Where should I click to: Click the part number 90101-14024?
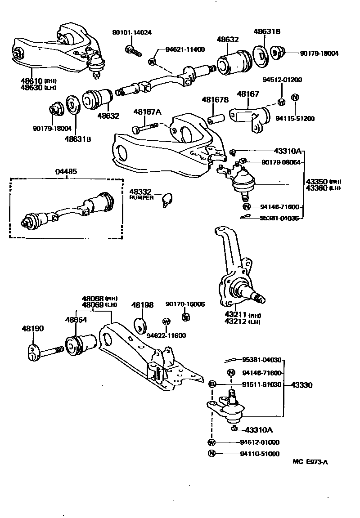[132, 32]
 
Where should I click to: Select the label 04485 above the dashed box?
[66, 171]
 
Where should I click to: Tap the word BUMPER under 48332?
[142, 197]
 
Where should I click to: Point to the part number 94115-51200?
[295, 119]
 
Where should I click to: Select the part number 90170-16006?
[185, 304]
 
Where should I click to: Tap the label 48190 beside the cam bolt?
[33, 329]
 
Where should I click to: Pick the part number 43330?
[301, 385]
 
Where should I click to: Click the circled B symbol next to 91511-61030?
[213, 384]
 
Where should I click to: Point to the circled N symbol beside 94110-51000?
[211, 454]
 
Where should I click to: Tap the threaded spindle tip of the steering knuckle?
[260, 297]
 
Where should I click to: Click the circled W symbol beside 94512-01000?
[211, 442]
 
